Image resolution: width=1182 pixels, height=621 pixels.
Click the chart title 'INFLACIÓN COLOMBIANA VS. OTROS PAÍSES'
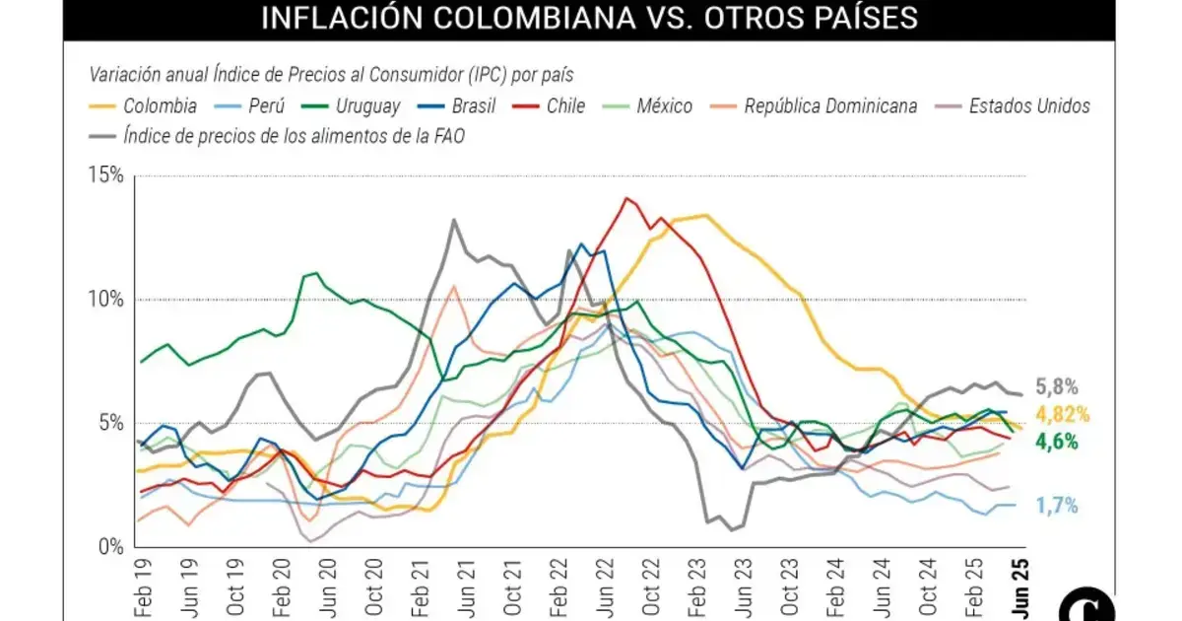tap(589, 18)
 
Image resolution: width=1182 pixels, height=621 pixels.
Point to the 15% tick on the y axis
tap(106, 176)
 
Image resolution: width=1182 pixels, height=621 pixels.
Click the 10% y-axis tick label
tap(106, 300)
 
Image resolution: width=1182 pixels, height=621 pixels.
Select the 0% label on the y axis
tap(110, 546)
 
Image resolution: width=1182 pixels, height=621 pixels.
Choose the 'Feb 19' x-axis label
tap(142, 583)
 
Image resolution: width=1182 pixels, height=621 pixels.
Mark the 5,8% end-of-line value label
tap(1056, 387)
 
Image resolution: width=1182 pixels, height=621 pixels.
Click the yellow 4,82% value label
tap(1062, 415)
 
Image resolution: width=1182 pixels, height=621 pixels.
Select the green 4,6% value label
tap(1056, 443)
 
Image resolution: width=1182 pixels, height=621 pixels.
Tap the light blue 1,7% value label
tap(1056, 507)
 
